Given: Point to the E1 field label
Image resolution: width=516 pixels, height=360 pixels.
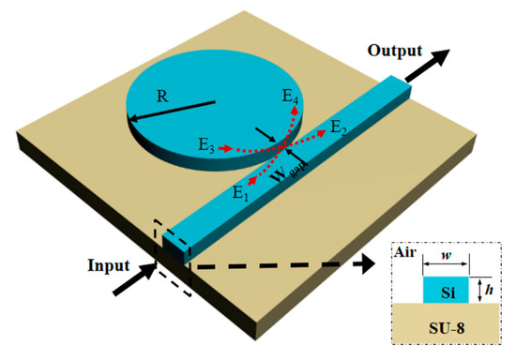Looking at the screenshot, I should coord(242,193).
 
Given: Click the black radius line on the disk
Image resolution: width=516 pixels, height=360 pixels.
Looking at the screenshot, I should coord(173,109).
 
